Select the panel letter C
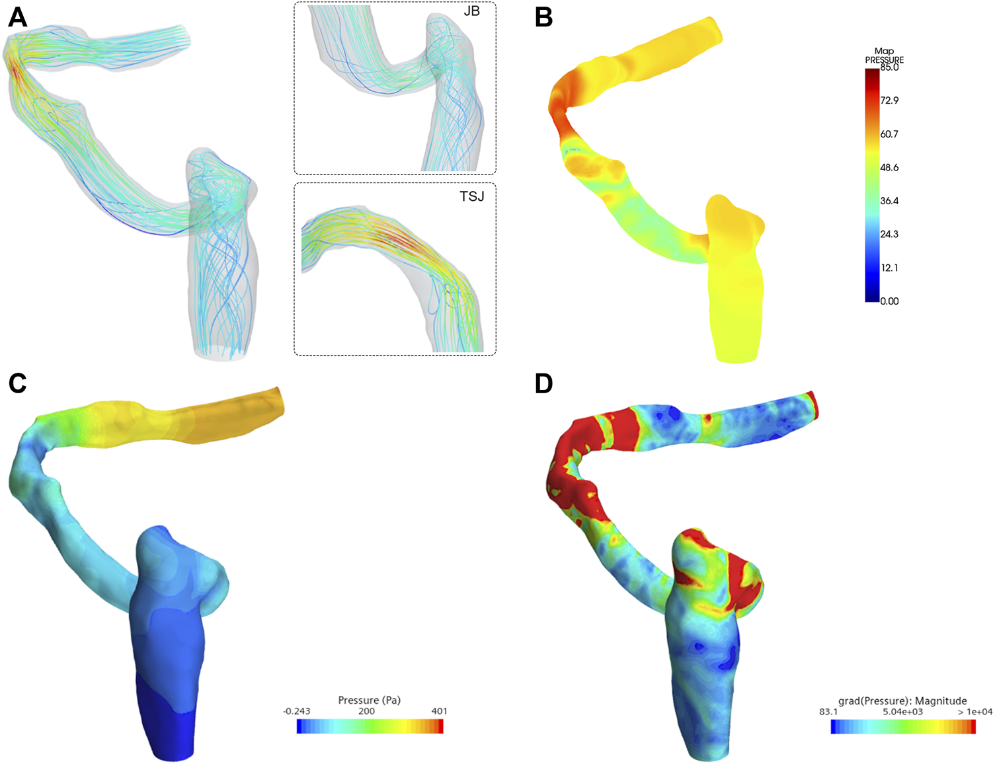[18, 383]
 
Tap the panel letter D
[544, 383]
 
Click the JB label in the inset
[471, 11]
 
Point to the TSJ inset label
[471, 196]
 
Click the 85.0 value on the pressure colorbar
[889, 67]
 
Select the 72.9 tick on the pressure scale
[889, 100]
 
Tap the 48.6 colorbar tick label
[889, 168]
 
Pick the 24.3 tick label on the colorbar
[889, 235]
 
